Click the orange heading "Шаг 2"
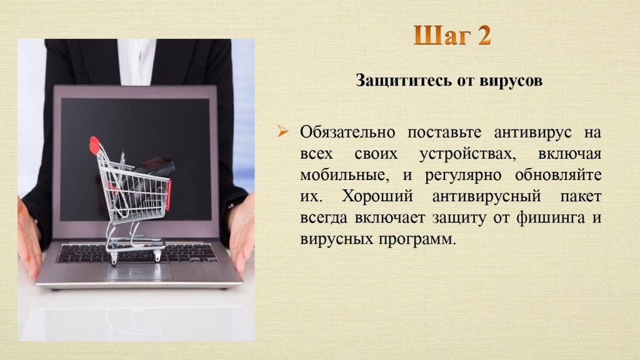click(x=452, y=35)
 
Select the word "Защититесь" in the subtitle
click(x=404, y=81)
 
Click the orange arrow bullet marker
click(x=283, y=131)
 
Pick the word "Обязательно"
click(x=347, y=132)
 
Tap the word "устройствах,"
click(x=467, y=154)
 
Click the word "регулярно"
click(x=463, y=176)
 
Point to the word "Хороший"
click(x=377, y=196)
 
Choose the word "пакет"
click(x=581, y=197)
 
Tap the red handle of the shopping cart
click(x=94, y=146)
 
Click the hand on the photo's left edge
click(x=29, y=237)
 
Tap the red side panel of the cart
click(x=168, y=195)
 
